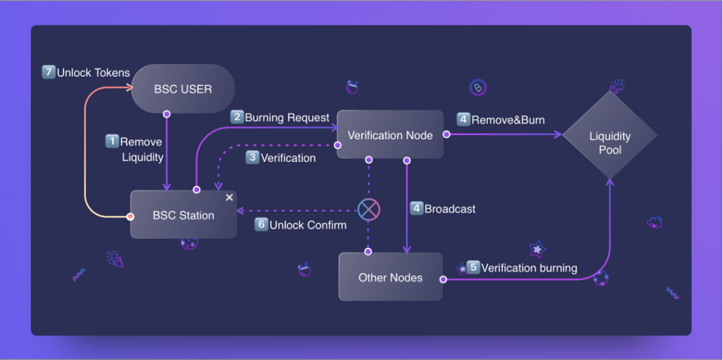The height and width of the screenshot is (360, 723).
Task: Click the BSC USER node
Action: pyautogui.click(x=182, y=89)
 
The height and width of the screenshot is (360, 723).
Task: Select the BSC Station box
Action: pyautogui.click(x=183, y=215)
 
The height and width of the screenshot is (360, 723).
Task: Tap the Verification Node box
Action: pyautogui.click(x=390, y=135)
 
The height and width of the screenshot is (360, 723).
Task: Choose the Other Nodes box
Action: pyautogui.click(x=390, y=277)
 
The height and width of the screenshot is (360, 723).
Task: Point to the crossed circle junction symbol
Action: pyautogui.click(x=369, y=209)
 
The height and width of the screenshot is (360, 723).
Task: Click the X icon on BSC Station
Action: pyautogui.click(x=229, y=198)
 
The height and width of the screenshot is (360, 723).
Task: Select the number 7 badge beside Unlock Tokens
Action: pyautogui.click(x=48, y=72)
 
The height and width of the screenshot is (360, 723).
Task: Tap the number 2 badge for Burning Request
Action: pyautogui.click(x=237, y=117)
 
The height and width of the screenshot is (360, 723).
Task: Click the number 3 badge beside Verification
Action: pyautogui.click(x=253, y=158)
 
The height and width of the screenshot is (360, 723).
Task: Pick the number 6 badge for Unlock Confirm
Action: pyautogui.click(x=261, y=224)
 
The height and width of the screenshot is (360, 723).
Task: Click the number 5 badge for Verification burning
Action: pyautogui.click(x=473, y=267)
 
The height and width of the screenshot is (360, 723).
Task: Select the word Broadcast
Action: pyautogui.click(x=450, y=209)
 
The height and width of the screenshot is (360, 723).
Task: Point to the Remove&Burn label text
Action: pyautogui.click(x=508, y=120)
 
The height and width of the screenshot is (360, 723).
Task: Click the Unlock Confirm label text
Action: pyautogui.click(x=308, y=225)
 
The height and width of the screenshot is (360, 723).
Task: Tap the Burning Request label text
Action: pyautogui.click(x=287, y=118)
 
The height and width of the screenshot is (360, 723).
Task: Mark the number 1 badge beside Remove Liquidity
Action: pyautogui.click(x=112, y=141)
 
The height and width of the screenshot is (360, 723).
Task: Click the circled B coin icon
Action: pyautogui.click(x=478, y=87)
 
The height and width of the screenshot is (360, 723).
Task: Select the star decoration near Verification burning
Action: pyautogui.click(x=537, y=248)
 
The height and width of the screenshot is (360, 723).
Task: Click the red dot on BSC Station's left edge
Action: pyautogui.click(x=130, y=217)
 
